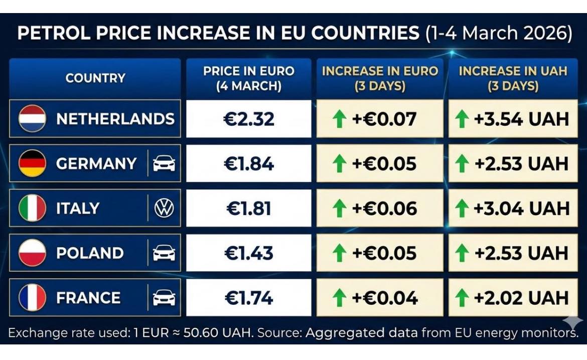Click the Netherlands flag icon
pos(32,118)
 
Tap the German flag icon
pos(32,163)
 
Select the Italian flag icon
pos(32,208)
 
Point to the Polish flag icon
pos(32,253)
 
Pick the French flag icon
pos(32,297)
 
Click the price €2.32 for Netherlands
pos(249,119)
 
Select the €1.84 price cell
pos(249,164)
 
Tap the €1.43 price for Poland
pos(249,253)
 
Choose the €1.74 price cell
pos(249,298)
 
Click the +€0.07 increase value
pos(384,119)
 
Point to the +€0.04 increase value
pos(384,298)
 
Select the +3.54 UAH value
pos(521,119)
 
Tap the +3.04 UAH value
pos(521,208)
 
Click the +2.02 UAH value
pos(521,298)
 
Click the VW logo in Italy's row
pos(164,208)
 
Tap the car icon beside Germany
pos(164,164)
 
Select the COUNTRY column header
pos(95,78)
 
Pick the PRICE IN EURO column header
pos(249,78)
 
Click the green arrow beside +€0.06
pos(340,208)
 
